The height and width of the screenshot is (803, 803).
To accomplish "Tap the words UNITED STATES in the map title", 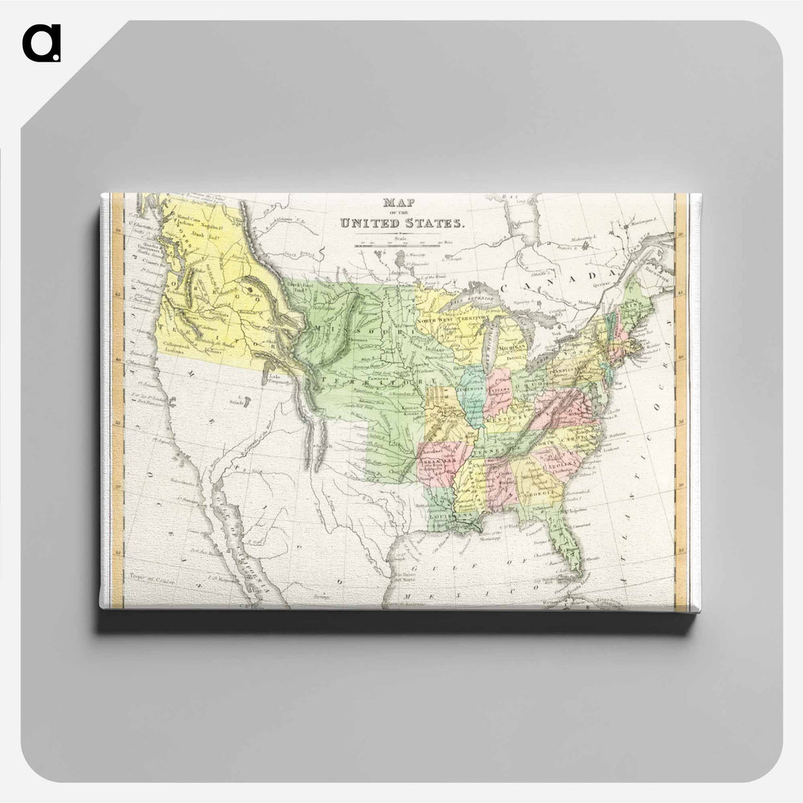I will [402, 223].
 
